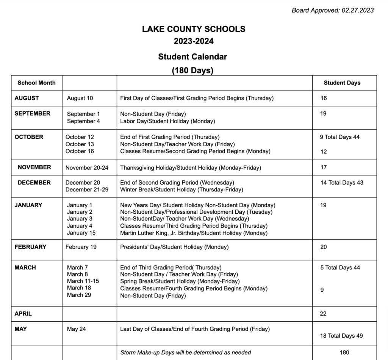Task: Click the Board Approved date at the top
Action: point(332,10)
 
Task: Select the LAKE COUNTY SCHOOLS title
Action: point(194,29)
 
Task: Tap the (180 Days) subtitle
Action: point(192,70)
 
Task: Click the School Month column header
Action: point(36,83)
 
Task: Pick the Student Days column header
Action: point(342,83)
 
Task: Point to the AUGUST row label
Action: point(27,98)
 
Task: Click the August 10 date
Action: point(80,98)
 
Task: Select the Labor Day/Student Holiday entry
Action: point(167,121)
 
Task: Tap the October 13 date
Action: point(80,144)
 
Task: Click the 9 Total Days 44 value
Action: point(339,137)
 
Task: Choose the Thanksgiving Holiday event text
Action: point(191,167)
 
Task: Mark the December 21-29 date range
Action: point(87,189)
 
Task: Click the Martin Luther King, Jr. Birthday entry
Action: point(194,233)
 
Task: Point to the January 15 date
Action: point(81,233)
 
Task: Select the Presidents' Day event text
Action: point(174,247)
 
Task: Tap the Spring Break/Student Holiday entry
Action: point(180,281)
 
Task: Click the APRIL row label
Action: point(23,314)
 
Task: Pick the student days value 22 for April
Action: point(323,314)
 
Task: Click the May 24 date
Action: point(76,329)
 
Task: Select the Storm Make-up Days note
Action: point(185,352)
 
